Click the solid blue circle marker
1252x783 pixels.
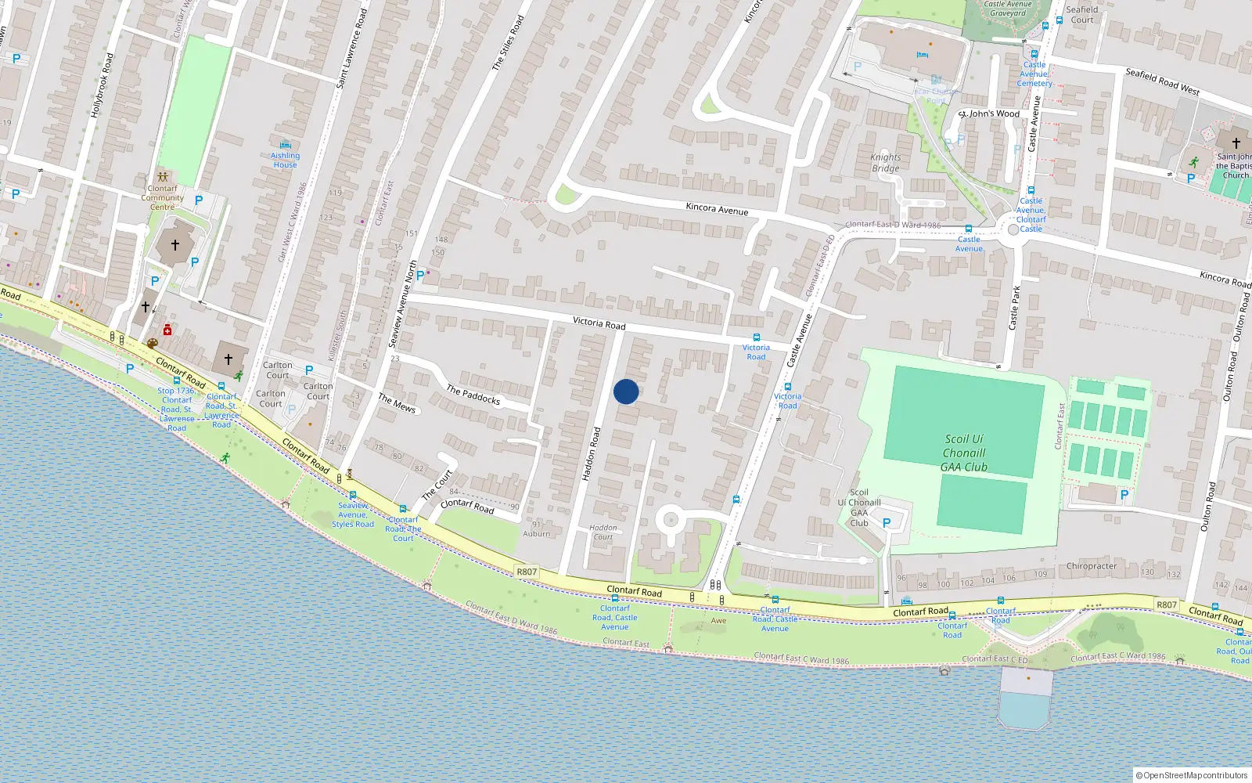tap(625, 391)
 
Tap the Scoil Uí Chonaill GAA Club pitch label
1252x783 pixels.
tap(964, 453)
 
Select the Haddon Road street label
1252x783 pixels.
tap(591, 453)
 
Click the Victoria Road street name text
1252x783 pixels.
tap(599, 323)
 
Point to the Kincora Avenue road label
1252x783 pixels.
tap(717, 209)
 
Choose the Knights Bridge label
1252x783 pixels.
tap(885, 163)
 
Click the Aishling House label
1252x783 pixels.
tap(285, 160)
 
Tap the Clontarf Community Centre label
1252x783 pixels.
tap(163, 197)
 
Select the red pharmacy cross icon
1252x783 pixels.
tap(167, 330)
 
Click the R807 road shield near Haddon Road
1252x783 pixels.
tap(527, 572)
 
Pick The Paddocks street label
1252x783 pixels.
tap(473, 394)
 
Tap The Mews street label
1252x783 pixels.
tap(397, 403)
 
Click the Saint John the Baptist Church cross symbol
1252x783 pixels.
tap(1236, 143)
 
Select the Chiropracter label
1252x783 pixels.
tap(1092, 566)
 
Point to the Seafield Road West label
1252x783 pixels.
tap(1162, 81)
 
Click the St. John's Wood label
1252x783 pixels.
tap(991, 114)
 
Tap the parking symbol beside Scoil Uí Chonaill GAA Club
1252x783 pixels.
tap(887, 522)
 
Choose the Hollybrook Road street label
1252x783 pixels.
tap(102, 85)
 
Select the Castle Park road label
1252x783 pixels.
tap(1016, 307)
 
